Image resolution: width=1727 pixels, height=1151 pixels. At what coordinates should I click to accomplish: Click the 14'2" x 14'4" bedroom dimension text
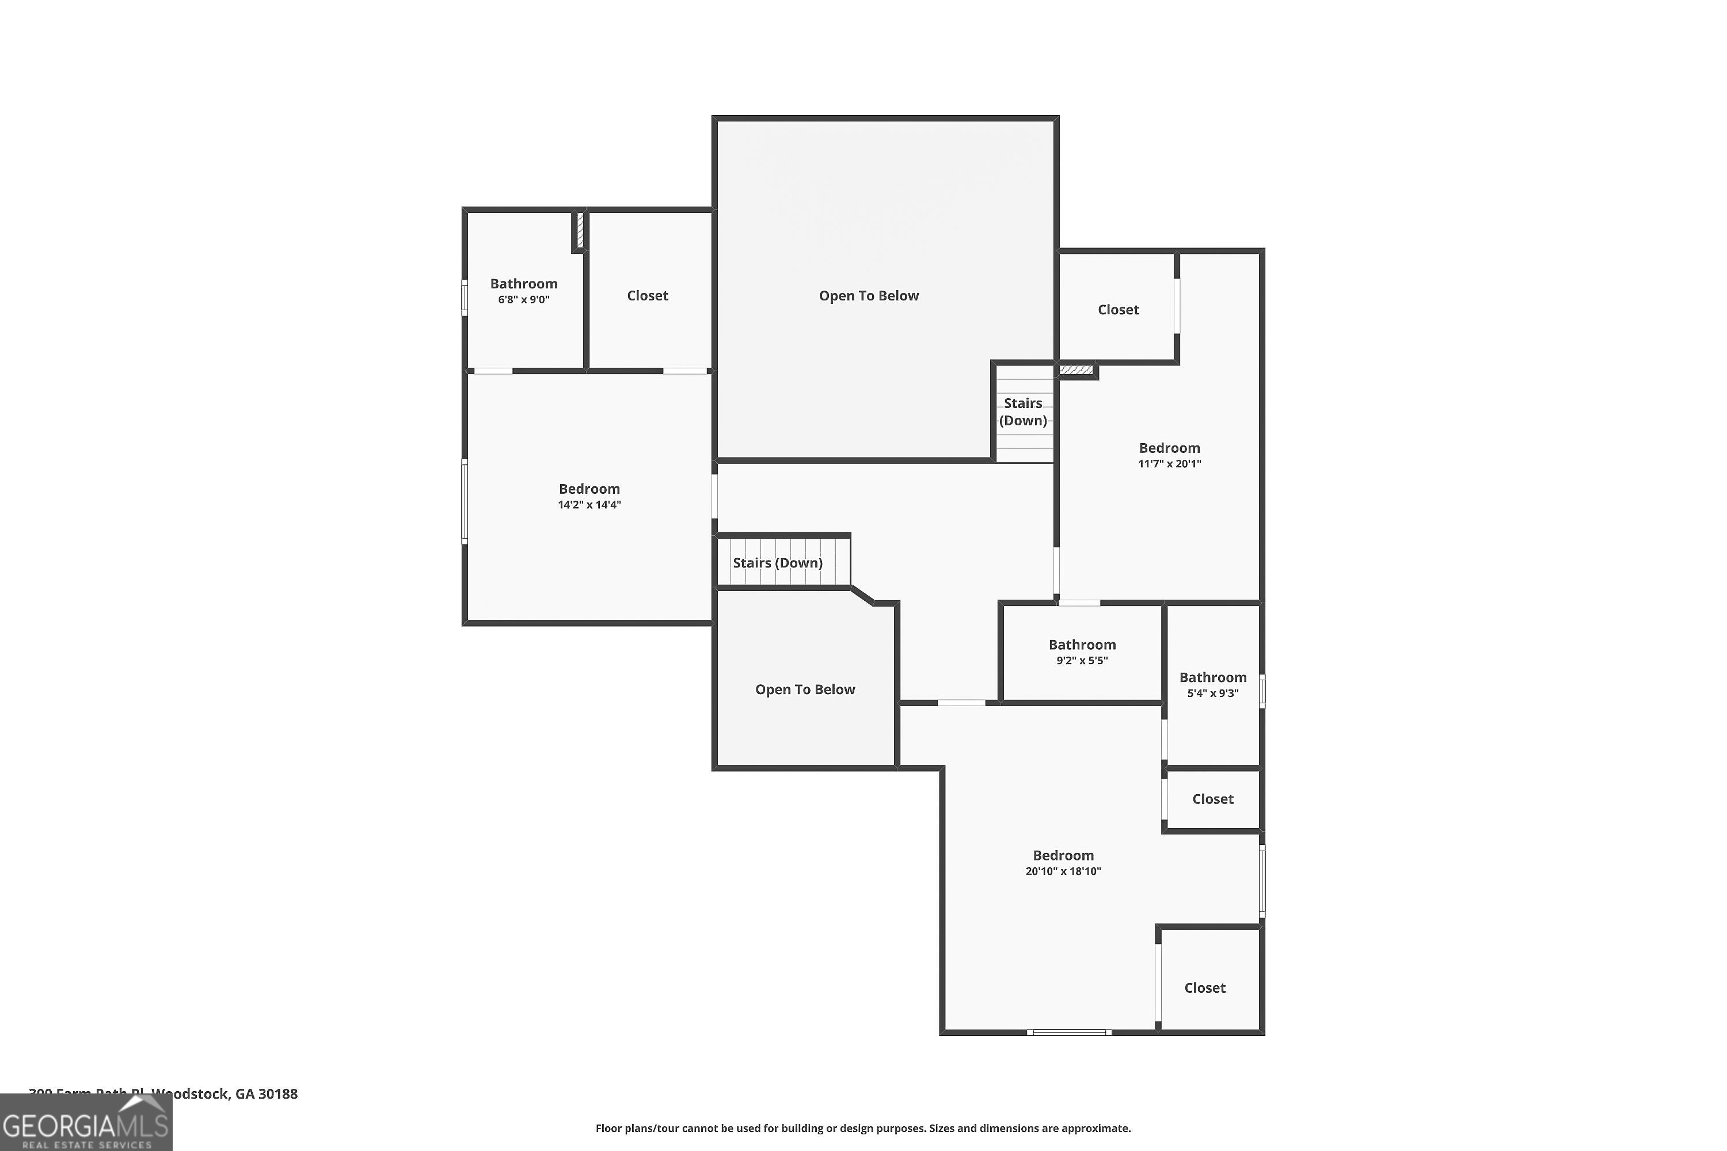[589, 505]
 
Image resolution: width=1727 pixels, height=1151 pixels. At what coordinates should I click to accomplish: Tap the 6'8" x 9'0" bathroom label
[523, 284]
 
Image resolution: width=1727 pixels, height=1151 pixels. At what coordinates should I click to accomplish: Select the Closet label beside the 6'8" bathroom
[647, 296]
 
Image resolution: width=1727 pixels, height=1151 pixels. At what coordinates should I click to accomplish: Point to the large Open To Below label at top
[869, 296]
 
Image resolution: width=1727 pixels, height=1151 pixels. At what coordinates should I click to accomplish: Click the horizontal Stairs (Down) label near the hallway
[778, 563]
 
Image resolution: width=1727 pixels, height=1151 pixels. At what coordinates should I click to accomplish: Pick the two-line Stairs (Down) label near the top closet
[1023, 412]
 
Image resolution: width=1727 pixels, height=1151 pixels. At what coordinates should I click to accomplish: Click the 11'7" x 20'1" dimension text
[1169, 464]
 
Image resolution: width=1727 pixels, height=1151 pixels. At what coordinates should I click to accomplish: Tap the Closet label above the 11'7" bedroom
[1117, 310]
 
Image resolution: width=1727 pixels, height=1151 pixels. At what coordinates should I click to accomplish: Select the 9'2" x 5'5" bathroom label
[1082, 645]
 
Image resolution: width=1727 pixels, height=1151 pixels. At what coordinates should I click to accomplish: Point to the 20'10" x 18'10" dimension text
[1063, 871]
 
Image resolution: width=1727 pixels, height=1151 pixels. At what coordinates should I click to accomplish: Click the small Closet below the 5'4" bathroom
[1212, 799]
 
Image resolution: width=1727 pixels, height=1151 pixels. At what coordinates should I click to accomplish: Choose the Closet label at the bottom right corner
[1204, 988]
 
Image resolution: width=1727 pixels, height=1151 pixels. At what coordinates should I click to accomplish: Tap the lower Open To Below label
[805, 690]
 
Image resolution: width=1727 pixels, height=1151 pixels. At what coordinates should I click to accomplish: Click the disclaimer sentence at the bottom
[863, 1128]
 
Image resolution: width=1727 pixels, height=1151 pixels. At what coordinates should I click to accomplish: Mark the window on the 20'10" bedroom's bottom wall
[1068, 1033]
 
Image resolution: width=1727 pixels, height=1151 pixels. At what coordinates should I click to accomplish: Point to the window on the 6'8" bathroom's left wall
[464, 298]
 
